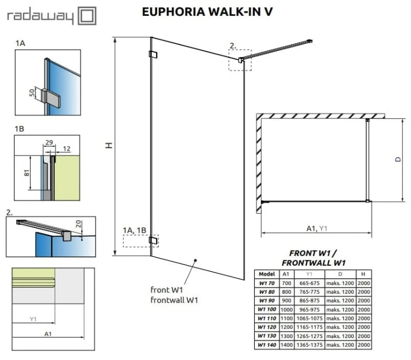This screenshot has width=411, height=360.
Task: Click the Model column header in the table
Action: [x=266, y=273]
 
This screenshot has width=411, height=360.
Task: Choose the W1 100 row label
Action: [x=266, y=310]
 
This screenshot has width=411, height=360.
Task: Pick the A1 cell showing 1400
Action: [x=286, y=345]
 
